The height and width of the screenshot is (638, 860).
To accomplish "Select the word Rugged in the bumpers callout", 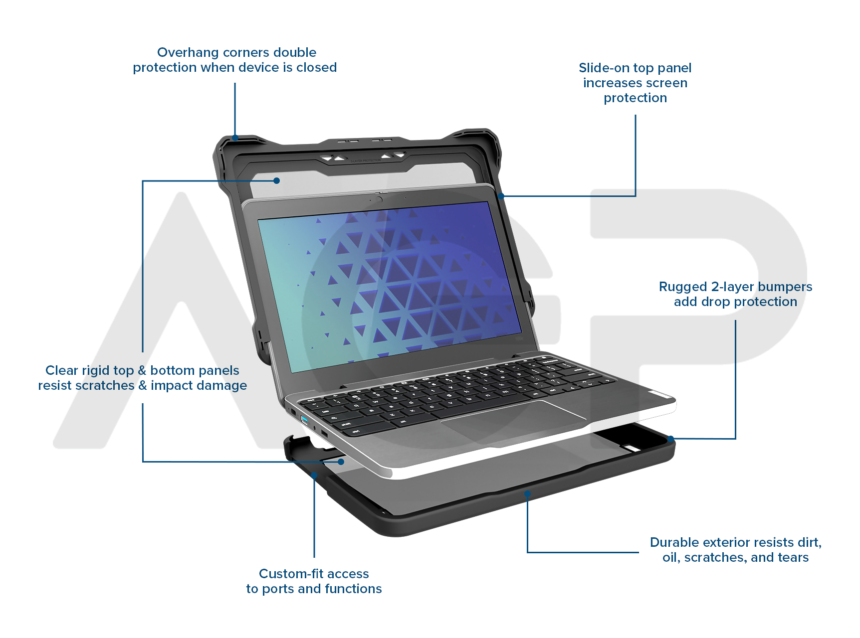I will pyautogui.click(x=683, y=287).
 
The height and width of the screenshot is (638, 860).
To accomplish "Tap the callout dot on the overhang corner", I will pyautogui.click(x=235, y=138).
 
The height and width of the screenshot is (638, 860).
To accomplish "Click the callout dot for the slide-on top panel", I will pyautogui.click(x=501, y=196).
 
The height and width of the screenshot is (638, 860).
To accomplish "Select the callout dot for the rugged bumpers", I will pyautogui.click(x=671, y=439).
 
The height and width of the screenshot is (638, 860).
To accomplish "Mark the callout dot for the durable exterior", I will pyautogui.click(x=527, y=494).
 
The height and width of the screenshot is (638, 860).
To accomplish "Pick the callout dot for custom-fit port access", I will pyautogui.click(x=314, y=476).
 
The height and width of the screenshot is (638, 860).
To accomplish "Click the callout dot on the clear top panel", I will pyautogui.click(x=277, y=180).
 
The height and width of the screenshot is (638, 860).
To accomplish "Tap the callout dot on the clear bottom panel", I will pyautogui.click(x=341, y=462).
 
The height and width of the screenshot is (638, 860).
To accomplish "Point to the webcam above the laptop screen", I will pyautogui.click(x=380, y=199).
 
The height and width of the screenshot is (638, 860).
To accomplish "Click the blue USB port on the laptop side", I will pyautogui.click(x=304, y=419).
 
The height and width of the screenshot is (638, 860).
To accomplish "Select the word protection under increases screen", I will pyautogui.click(x=635, y=98).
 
